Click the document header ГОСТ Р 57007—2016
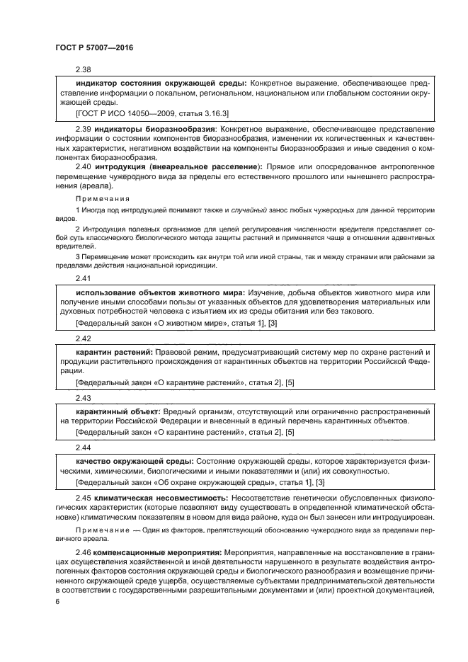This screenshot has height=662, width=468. pos(94,48)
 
